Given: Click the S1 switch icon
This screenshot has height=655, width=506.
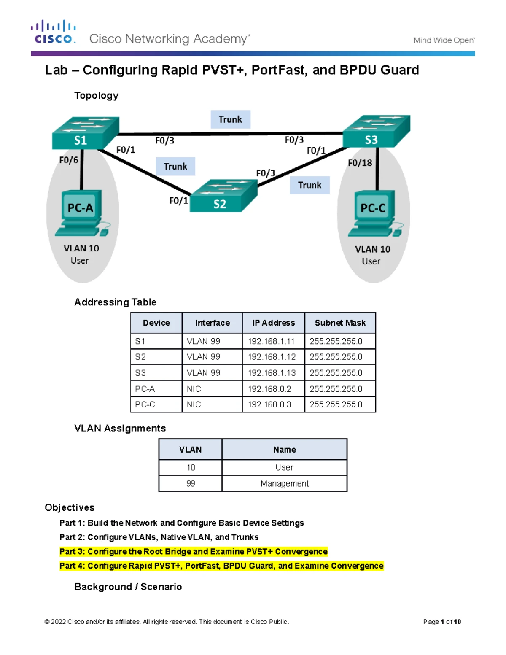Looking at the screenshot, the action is (86, 133).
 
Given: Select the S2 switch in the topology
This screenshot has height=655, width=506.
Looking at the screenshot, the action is (223, 196).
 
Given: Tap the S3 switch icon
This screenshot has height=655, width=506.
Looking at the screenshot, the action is (377, 132).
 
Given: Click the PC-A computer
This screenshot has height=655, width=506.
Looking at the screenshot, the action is (82, 213).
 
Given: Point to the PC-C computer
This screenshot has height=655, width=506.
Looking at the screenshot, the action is (376, 213).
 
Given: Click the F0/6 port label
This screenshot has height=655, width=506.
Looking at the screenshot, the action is (69, 160).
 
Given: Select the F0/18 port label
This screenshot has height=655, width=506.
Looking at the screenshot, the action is (360, 163).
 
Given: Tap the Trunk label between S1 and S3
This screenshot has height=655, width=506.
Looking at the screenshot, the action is (230, 119).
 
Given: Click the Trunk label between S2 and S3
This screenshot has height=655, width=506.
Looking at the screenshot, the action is (310, 185).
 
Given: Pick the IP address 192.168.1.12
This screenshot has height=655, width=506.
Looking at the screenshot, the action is (272, 357).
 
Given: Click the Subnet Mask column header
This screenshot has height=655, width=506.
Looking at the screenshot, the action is (340, 323).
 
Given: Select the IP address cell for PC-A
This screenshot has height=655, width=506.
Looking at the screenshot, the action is (273, 389).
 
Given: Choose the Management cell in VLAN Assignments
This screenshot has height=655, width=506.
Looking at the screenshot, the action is (285, 483).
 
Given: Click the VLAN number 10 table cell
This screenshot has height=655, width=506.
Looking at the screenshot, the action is (191, 467).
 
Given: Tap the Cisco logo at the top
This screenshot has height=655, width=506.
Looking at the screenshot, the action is (54, 32).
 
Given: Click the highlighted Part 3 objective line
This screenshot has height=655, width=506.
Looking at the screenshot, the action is (194, 551).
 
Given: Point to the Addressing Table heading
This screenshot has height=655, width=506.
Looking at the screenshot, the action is (115, 302).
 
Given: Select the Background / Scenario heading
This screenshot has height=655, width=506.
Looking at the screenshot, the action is (128, 587).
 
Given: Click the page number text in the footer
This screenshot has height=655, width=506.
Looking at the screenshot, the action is (442, 622).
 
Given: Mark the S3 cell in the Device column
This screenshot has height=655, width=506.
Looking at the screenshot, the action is (156, 373).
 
